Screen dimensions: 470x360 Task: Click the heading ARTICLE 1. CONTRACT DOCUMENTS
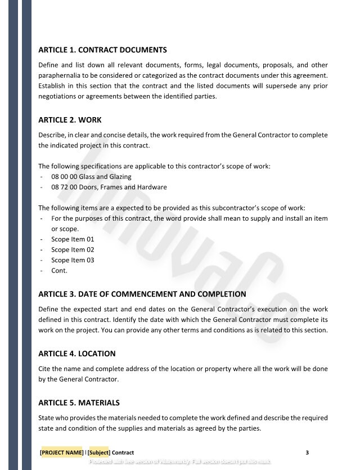(102, 50)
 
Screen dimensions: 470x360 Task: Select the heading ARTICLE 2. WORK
(70, 120)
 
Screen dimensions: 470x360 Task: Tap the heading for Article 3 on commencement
(142, 294)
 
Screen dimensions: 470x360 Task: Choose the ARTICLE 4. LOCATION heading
(76, 353)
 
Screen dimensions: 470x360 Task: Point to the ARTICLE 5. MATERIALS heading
(79, 402)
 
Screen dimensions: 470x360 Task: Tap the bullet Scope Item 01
(73, 239)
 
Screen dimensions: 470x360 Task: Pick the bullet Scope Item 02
(73, 249)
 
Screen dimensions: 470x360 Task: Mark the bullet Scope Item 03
(73, 260)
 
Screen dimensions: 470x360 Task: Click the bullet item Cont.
(59, 270)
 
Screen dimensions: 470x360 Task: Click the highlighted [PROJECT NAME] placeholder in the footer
(61, 452)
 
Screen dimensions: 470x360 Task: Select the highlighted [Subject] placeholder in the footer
(99, 452)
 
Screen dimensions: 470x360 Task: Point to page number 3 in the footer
(307, 452)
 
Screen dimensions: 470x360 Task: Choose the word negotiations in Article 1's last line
(58, 96)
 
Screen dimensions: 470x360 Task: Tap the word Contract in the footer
(123, 452)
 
